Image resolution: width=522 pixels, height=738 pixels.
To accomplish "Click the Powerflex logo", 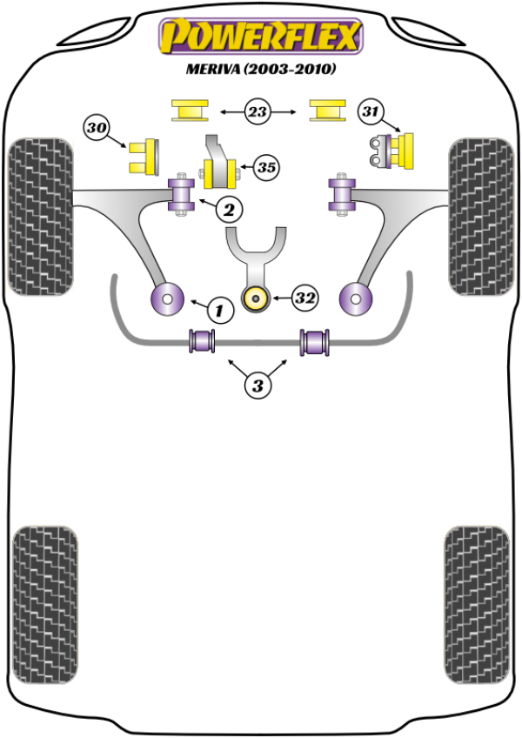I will pos(259,36).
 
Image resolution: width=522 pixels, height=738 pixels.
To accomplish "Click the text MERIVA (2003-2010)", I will pos(260,68).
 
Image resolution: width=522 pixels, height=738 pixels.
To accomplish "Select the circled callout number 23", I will pos(258,111).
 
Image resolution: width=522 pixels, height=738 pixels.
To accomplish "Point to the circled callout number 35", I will pos(266,166).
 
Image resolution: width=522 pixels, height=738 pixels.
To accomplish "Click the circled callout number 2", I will pos(230,209).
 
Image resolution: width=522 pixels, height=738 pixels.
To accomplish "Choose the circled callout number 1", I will pos(220,309).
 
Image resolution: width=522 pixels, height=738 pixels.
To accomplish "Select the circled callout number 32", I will pos(304,299).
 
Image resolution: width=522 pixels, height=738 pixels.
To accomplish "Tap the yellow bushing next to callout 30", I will pos(143,155).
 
